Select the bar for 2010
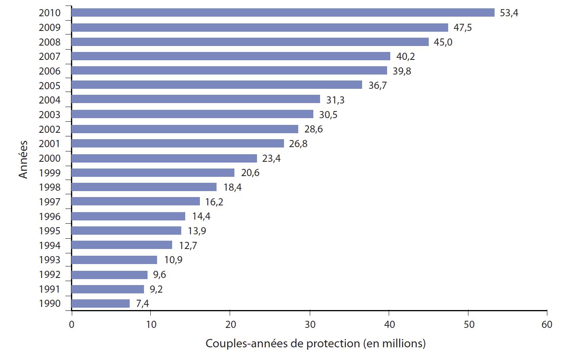(283, 13)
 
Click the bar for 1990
(101, 304)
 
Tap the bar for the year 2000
(164, 158)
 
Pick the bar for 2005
(217, 85)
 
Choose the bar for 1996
(128, 216)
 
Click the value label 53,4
(509, 13)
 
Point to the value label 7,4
(142, 304)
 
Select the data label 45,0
(443, 42)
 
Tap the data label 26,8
(298, 144)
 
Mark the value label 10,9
(173, 260)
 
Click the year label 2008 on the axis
(50, 42)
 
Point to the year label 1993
(50, 260)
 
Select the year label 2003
(50, 115)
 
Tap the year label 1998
(50, 188)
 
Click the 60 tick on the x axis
(547, 325)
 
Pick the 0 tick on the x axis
(71, 325)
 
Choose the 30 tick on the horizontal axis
(310, 325)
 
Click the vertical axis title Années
(23, 159)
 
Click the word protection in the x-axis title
(333, 343)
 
